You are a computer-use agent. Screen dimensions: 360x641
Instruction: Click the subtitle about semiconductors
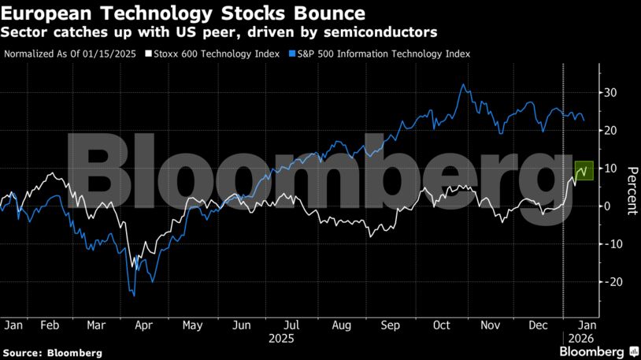pyautogui.click(x=220, y=32)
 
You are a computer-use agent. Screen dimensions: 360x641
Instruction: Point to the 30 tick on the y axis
pyautogui.click(x=610, y=93)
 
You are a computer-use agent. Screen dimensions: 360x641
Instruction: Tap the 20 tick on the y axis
pyautogui.click(x=610, y=131)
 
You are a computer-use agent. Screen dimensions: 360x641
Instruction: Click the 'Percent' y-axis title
pyautogui.click(x=632, y=191)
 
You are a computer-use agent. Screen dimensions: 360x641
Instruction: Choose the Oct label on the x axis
pyautogui.click(x=441, y=325)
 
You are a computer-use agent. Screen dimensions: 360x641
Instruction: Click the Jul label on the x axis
pyautogui.click(x=291, y=325)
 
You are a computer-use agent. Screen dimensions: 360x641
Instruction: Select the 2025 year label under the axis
pyautogui.click(x=281, y=339)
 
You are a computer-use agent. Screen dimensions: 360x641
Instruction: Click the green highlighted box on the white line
pyautogui.click(x=584, y=169)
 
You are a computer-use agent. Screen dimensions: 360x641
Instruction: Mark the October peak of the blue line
pyautogui.click(x=464, y=85)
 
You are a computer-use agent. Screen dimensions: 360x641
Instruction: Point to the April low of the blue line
pyautogui.click(x=135, y=295)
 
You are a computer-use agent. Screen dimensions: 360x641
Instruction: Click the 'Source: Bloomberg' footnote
pyautogui.click(x=53, y=353)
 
